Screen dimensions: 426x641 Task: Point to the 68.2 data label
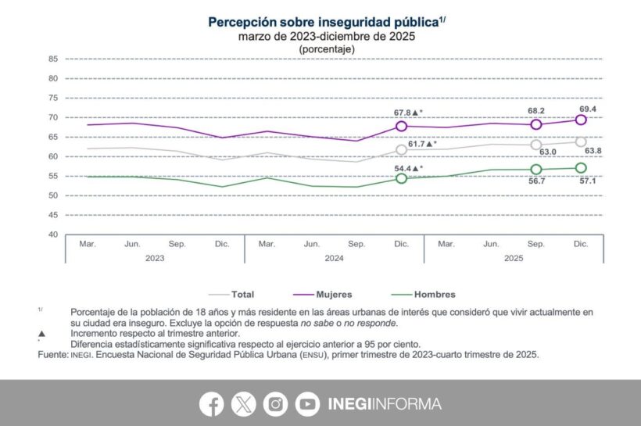537,110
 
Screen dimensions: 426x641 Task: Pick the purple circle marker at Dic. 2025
581,120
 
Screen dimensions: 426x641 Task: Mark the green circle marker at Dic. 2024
402,178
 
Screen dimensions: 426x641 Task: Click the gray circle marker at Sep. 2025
536,145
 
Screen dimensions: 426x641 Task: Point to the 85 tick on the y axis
53,59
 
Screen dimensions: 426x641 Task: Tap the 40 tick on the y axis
53,234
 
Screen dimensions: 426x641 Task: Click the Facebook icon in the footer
211,404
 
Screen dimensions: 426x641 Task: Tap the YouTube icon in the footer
307,404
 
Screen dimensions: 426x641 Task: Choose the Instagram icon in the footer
275,404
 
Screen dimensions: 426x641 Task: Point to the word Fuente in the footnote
53,354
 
